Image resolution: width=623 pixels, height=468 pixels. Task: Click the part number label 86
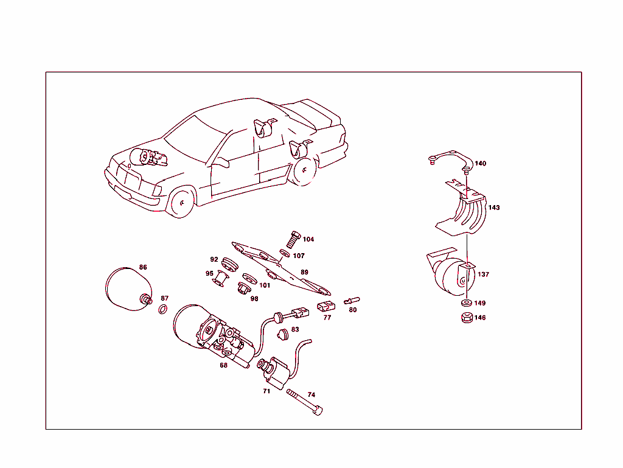(x=143, y=267)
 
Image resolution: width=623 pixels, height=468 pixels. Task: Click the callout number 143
(x=494, y=208)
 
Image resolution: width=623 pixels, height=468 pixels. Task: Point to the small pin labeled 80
(x=352, y=300)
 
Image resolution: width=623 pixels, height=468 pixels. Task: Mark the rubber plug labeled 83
(x=282, y=334)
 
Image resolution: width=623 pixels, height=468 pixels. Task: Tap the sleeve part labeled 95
(x=220, y=279)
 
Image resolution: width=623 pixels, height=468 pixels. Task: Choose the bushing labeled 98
(x=243, y=287)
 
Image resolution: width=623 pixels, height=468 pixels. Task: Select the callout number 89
(x=304, y=272)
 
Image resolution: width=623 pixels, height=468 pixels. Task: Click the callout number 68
(x=224, y=365)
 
